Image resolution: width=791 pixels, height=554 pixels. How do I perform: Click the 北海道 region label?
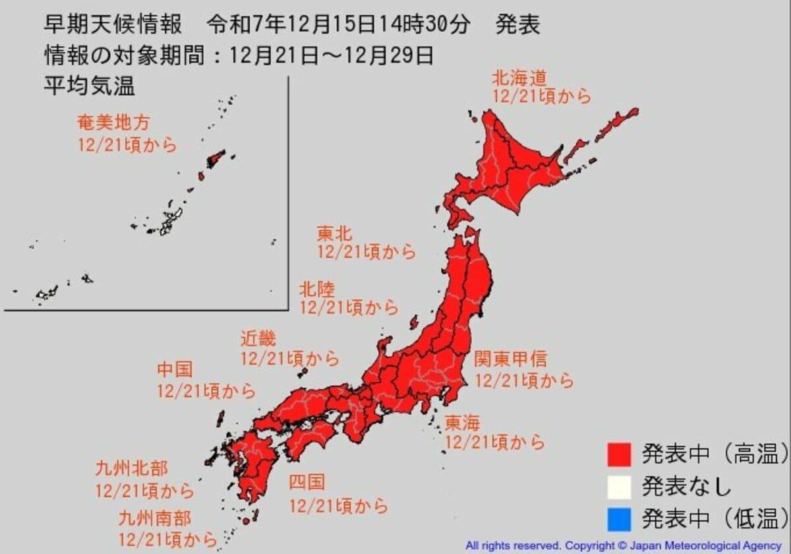[519, 78]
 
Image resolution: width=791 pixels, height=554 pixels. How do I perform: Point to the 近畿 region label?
[258, 340]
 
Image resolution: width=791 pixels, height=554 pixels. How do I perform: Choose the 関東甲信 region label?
[510, 359]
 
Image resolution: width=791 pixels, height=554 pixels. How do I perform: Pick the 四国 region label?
[307, 483]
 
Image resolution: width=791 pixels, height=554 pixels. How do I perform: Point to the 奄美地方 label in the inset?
[113, 123]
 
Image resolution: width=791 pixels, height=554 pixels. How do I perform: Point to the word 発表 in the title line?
[519, 26]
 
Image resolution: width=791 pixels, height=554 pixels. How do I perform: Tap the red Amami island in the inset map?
[215, 158]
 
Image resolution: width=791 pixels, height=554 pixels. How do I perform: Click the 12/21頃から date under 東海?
[495, 442]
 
